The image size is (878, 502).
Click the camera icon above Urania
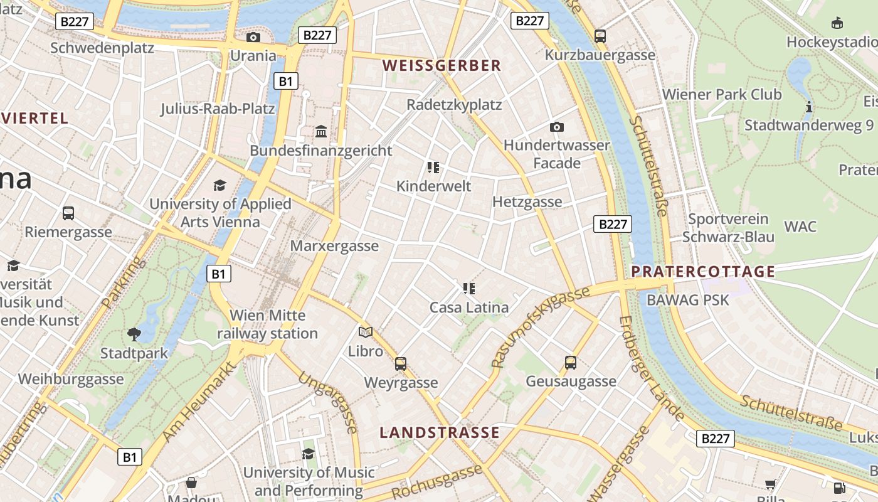coord(253,38)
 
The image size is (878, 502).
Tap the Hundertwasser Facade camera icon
coord(556,127)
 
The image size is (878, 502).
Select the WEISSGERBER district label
coord(442,65)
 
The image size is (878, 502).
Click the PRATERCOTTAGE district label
coord(703,272)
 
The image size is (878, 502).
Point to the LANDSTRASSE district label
coord(440,432)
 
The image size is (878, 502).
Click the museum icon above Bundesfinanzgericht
coord(321,132)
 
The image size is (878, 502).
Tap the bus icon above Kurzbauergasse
coord(600,36)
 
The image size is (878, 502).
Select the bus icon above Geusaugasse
coord(571,363)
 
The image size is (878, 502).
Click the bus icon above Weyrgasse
coord(401,364)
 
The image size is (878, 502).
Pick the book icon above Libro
coord(365,332)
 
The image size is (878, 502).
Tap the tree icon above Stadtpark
coord(134,334)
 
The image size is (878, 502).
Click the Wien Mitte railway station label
coord(268,324)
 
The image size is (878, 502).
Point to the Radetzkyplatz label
coord(454,105)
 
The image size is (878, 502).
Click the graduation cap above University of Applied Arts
coord(219,185)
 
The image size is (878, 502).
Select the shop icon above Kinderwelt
coord(433,168)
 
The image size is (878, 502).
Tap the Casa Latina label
coord(468,307)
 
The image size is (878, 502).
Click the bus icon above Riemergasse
coord(68,213)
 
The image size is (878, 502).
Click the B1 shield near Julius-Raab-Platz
coord(286,81)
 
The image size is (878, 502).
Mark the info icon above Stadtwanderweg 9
coord(809,107)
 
